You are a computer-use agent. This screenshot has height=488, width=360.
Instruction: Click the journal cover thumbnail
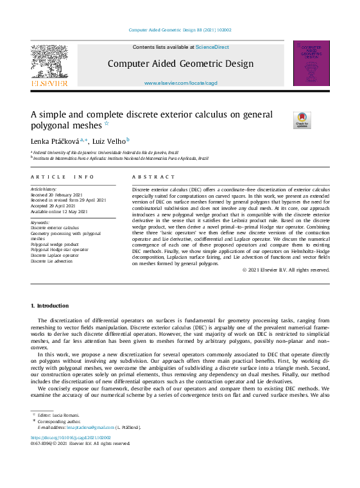(311, 63)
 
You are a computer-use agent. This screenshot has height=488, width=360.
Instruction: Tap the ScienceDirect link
(212, 47)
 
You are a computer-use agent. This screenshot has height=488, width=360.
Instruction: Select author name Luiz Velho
(110, 140)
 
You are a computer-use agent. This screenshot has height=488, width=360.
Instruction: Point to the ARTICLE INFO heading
(62, 177)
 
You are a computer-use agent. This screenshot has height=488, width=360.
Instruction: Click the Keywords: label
(40, 222)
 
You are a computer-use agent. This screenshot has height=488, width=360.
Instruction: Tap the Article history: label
(44, 189)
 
